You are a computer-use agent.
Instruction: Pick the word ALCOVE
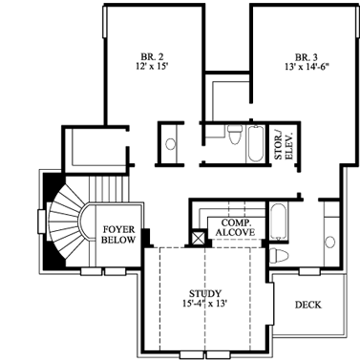click(234, 231)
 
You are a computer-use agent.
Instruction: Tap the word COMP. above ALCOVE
click(235, 221)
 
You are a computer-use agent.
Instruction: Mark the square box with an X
click(200, 236)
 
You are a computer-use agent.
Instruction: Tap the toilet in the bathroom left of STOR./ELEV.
click(233, 137)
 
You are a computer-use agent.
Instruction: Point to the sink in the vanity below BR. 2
click(170, 144)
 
